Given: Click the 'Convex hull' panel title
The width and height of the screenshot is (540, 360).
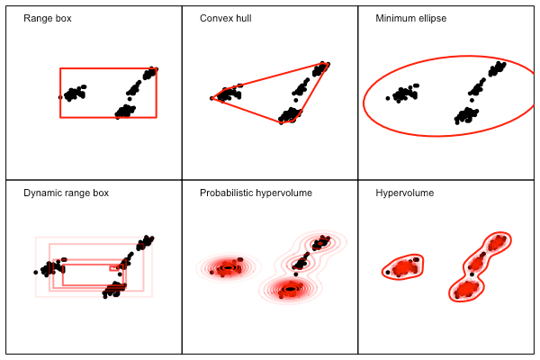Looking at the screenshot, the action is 225,18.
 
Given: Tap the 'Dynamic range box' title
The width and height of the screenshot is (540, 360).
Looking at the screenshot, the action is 66,193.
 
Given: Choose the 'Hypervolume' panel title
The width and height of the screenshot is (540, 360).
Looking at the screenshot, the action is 404,193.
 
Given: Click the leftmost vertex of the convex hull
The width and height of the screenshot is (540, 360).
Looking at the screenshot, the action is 212,98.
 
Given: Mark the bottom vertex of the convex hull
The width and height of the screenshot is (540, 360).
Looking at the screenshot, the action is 282,122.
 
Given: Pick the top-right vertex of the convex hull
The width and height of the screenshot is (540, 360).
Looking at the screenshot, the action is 328,63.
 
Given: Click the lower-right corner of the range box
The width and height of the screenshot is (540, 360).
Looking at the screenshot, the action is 157,117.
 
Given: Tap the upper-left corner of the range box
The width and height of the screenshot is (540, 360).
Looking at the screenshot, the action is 60,68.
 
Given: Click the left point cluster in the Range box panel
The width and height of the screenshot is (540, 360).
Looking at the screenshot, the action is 74,92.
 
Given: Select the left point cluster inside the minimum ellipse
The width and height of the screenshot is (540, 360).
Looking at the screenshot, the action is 403,93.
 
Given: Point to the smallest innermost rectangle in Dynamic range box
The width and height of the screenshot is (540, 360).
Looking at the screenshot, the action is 114,267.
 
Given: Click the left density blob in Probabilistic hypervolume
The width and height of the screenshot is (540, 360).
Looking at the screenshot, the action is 228,267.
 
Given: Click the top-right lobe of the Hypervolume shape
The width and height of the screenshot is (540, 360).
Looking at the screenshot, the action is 496,242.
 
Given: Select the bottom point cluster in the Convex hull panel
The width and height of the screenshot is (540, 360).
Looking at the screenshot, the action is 290,113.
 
